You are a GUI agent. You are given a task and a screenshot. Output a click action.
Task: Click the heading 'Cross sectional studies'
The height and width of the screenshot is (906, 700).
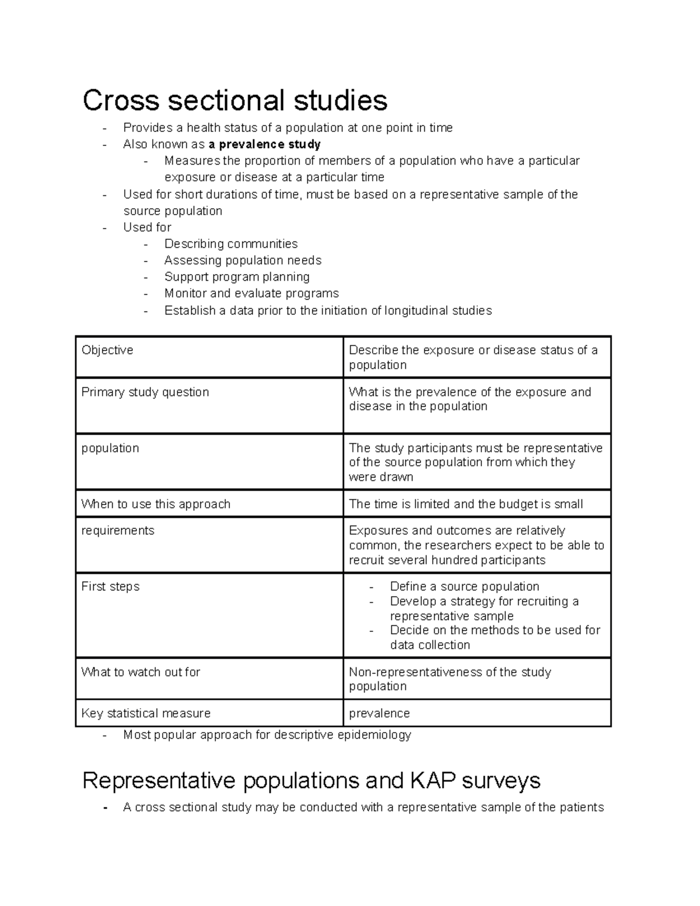click(x=235, y=100)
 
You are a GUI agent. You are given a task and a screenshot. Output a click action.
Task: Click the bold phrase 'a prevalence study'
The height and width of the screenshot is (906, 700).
click(x=264, y=144)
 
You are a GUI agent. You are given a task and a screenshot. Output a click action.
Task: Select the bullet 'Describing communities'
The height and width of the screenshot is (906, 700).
click(x=231, y=244)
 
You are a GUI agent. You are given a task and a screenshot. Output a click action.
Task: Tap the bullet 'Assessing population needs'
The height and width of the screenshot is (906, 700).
click(x=243, y=260)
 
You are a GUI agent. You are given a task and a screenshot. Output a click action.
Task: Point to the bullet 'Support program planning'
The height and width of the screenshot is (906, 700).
click(x=237, y=277)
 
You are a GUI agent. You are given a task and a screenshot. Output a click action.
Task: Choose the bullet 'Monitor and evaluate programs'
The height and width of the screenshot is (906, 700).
click(x=251, y=293)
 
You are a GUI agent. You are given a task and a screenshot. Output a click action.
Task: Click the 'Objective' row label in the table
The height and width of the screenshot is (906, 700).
click(x=107, y=350)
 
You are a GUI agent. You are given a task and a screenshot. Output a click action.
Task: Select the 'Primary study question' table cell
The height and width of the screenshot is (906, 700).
click(x=145, y=392)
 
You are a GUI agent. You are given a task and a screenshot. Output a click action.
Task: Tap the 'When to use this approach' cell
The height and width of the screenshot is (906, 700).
click(x=156, y=504)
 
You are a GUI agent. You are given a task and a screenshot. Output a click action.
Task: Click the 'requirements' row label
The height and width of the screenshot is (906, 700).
click(x=118, y=531)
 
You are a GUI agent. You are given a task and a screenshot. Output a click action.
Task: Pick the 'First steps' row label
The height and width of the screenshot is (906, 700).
click(x=110, y=587)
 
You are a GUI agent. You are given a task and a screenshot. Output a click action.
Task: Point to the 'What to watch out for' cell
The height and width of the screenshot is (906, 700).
click(x=141, y=672)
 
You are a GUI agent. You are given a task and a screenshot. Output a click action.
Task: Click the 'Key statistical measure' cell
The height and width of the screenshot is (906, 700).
click(x=146, y=713)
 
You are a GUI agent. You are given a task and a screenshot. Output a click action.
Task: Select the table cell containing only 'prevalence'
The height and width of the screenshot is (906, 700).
click(x=379, y=713)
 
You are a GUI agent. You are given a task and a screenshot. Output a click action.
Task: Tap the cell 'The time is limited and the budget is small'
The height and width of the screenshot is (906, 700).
click(x=466, y=504)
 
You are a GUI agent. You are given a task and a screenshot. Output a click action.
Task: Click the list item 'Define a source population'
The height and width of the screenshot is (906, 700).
click(x=464, y=587)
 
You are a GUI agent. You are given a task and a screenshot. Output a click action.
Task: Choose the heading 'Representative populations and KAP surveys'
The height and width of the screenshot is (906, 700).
click(x=311, y=781)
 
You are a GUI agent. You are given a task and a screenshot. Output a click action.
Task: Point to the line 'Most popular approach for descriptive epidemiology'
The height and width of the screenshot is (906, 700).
click(x=267, y=735)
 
